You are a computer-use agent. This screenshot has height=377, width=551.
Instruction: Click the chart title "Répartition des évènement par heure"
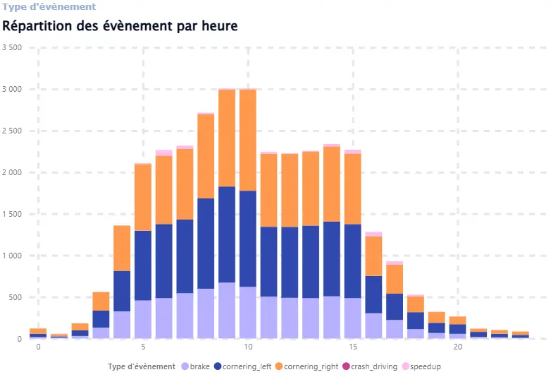point(120,26)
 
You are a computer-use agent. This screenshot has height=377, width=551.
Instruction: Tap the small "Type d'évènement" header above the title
point(49,6)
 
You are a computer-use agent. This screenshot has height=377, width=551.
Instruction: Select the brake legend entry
point(195,366)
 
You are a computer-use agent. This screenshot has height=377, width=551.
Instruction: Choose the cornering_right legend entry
point(311,366)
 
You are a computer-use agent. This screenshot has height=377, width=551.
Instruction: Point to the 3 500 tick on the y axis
point(13,48)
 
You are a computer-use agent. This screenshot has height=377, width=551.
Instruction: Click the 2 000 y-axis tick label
point(13,173)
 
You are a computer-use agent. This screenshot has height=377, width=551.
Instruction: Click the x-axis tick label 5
point(143,347)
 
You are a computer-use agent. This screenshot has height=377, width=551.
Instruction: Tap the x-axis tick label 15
point(352,347)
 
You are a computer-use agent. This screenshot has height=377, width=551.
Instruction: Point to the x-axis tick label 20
point(457,347)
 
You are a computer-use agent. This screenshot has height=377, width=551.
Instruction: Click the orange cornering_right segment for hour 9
point(227,138)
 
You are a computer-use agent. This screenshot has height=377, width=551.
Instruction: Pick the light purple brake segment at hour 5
point(143,320)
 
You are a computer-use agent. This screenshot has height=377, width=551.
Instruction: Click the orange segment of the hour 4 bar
point(122,248)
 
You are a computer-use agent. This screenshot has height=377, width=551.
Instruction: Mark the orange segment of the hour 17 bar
point(395,279)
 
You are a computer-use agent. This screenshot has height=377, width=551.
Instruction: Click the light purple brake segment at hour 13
point(311,318)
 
